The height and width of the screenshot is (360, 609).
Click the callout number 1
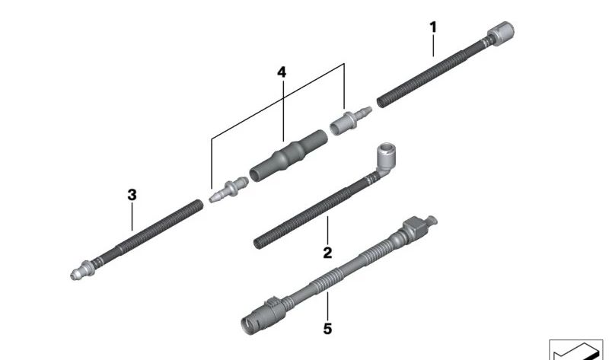pyautogui.click(x=433, y=27)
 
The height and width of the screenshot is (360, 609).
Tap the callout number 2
pyautogui.click(x=327, y=253)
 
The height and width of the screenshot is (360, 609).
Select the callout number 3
pyautogui.click(x=132, y=195)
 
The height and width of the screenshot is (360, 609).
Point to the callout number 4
pyautogui.click(x=282, y=72)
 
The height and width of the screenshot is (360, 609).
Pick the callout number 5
pyautogui.click(x=327, y=329)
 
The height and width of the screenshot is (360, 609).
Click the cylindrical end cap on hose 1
pyautogui.click(x=501, y=33)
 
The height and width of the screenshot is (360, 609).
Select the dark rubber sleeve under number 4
pyautogui.click(x=289, y=156)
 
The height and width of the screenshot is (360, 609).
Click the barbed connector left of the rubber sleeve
pyautogui.click(x=228, y=190)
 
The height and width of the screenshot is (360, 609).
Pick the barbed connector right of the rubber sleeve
pyautogui.click(x=350, y=120)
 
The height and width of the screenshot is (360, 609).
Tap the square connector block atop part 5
pyautogui.click(x=416, y=226)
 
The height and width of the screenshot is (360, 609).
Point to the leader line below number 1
pyautogui.click(x=433, y=46)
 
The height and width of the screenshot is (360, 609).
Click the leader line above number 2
pyautogui.click(x=327, y=231)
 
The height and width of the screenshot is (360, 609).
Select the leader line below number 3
pyautogui.click(x=132, y=217)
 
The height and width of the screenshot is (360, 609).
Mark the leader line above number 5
pyautogui.click(x=327, y=307)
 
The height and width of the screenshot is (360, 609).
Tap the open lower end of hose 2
pyautogui.click(x=257, y=244)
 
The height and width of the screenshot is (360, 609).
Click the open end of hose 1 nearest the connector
pyautogui.click(x=381, y=103)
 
